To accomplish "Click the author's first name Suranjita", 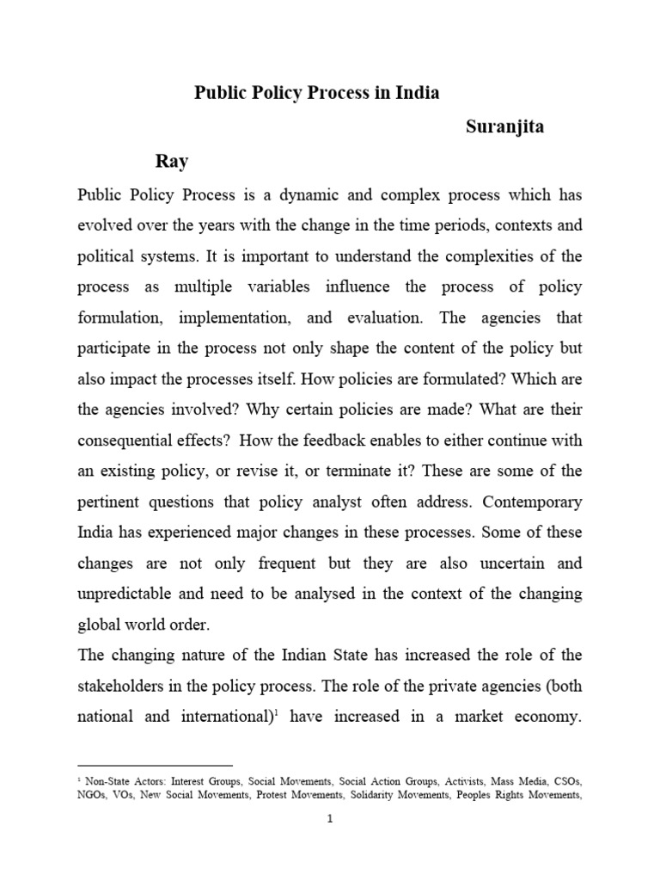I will point(505,127).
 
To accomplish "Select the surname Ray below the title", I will point(171,161).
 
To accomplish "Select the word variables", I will point(260,286).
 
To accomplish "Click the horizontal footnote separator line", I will point(155,764).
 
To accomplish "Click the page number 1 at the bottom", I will point(329,819).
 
